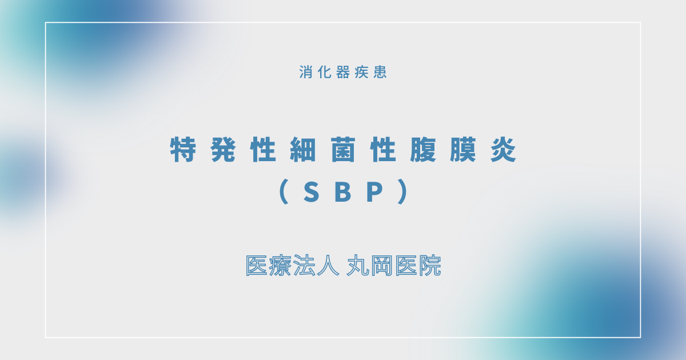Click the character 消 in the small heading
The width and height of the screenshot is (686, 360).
tap(306, 73)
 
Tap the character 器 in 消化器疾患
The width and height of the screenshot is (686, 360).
tap(343, 73)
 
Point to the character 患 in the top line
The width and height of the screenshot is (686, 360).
tap(380, 73)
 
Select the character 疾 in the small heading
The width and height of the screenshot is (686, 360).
tap(361, 73)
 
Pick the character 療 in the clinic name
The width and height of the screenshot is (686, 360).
tap(281, 266)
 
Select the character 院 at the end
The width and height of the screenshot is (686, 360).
tap(429, 266)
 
